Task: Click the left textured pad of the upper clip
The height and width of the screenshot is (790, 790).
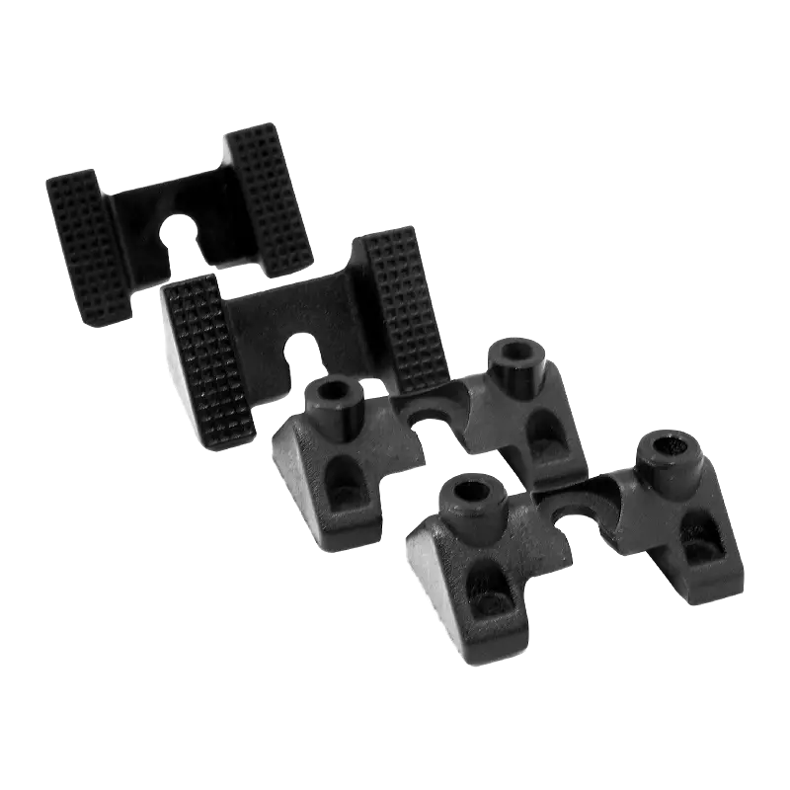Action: click(89, 247)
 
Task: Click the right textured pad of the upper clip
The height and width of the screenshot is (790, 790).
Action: click(270, 197)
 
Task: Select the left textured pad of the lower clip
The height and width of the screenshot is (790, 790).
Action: click(209, 360)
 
